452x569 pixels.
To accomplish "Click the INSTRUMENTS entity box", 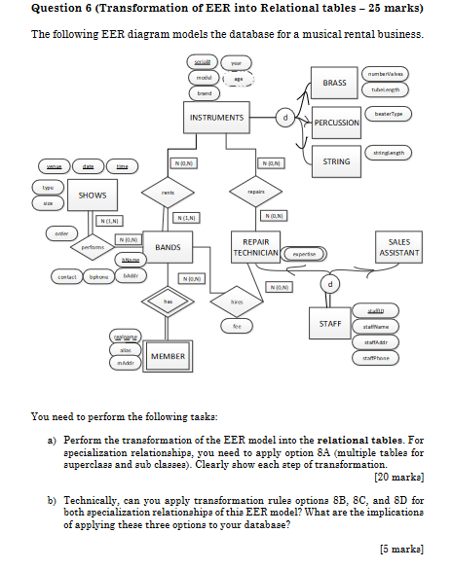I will (x=217, y=118).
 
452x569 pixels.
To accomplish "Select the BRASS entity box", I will (x=334, y=83).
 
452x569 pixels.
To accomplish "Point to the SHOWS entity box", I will (x=93, y=196).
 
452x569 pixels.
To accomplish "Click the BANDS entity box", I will (x=169, y=248).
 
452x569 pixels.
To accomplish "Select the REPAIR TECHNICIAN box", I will (x=255, y=247).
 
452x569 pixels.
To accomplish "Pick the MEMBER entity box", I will (x=168, y=358).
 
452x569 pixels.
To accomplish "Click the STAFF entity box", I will (x=329, y=322).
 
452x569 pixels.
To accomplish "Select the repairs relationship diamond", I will (x=256, y=193).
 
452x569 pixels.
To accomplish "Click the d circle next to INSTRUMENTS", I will (x=284, y=118).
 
